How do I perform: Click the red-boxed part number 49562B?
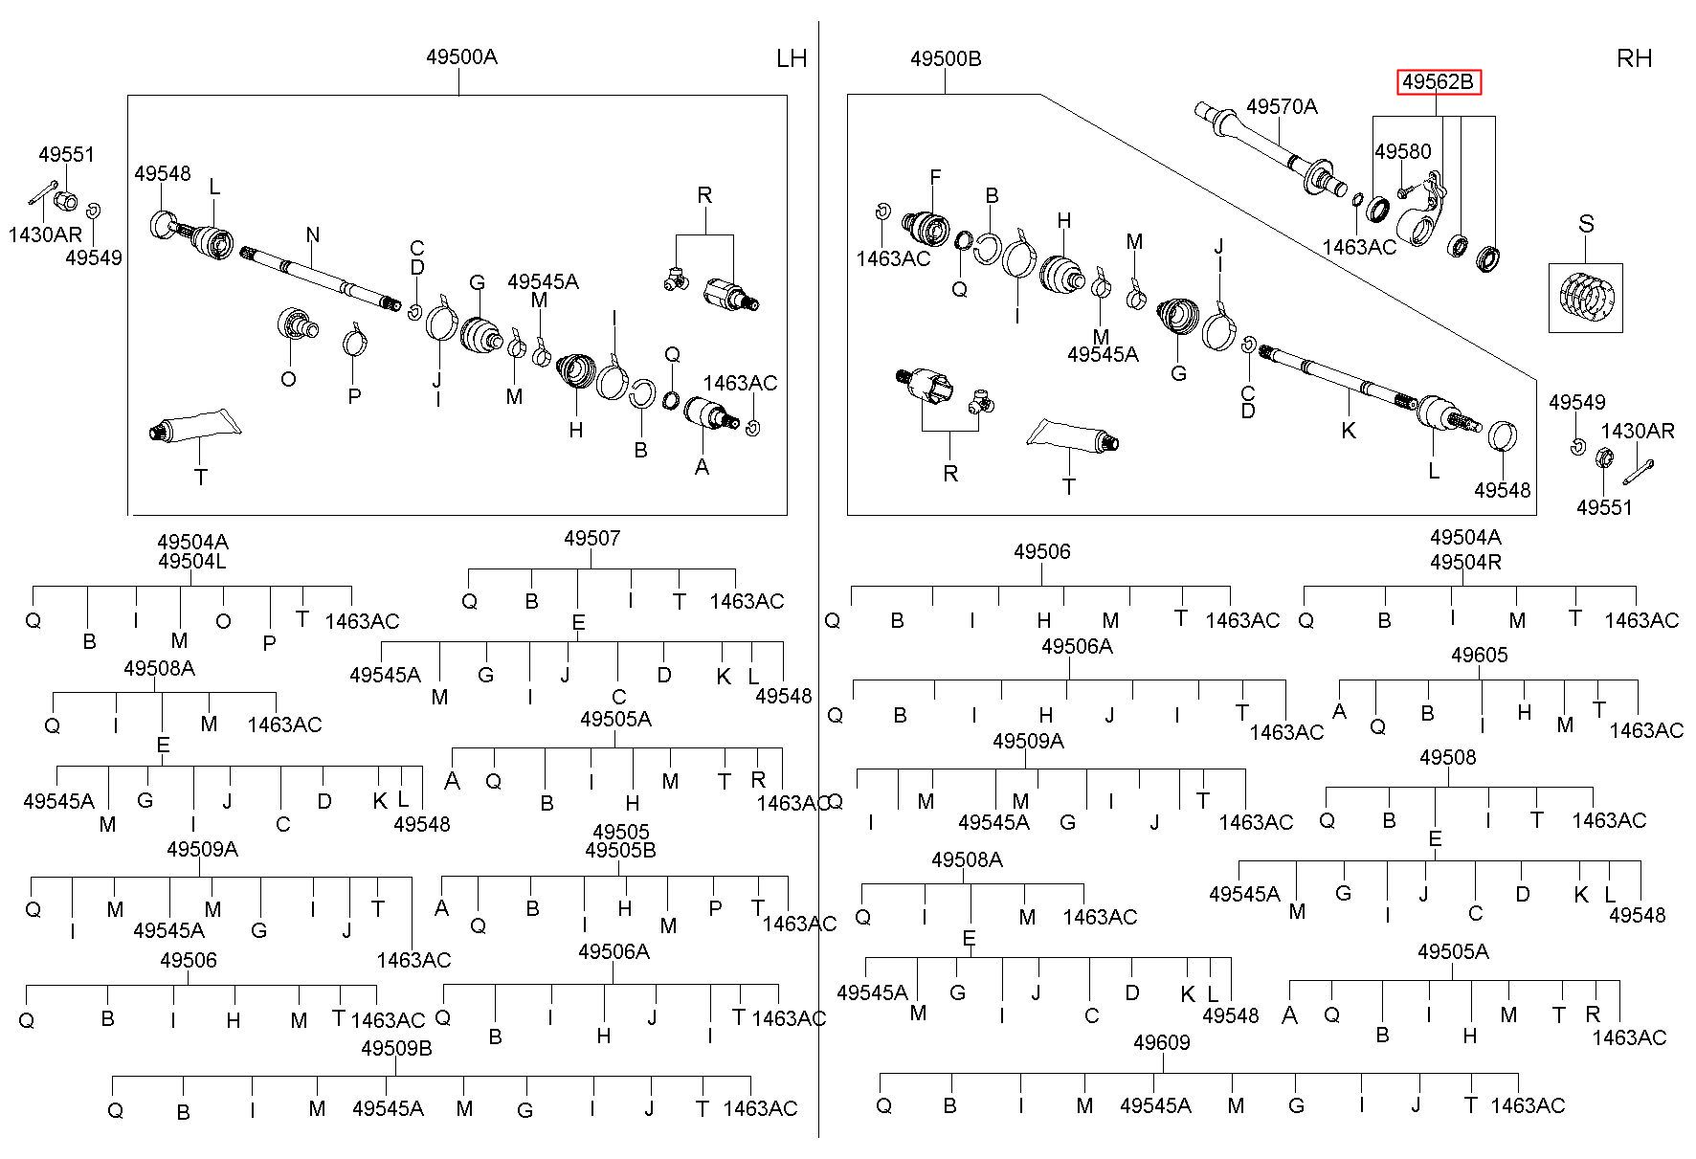pyautogui.click(x=1438, y=82)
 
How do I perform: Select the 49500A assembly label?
pyautogui.click(x=461, y=56)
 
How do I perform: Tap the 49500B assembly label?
pyautogui.click(x=946, y=58)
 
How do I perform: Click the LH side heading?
pyautogui.click(x=792, y=58)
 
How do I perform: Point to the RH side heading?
pyautogui.click(x=1634, y=58)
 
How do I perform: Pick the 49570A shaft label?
pyautogui.click(x=1282, y=106)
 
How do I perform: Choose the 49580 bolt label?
pyautogui.click(x=1403, y=151)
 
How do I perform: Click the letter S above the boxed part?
pyautogui.click(x=1586, y=224)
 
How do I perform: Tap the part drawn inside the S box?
pyautogui.click(x=1586, y=298)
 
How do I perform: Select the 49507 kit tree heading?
pyautogui.click(x=591, y=538)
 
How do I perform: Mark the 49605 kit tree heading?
pyautogui.click(x=1479, y=655)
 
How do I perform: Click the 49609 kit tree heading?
pyautogui.click(x=1161, y=1042)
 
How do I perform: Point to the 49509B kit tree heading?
pyautogui.click(x=396, y=1048)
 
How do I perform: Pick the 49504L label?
pyautogui.click(x=192, y=561)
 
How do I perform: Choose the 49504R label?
pyautogui.click(x=1465, y=562)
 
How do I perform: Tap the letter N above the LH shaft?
pyautogui.click(x=313, y=234)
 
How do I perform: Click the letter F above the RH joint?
pyautogui.click(x=935, y=177)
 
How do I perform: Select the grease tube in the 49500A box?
pyautogui.click(x=191, y=426)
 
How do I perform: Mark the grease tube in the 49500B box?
pyautogui.click(x=1073, y=435)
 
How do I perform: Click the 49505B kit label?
pyautogui.click(x=620, y=850)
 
